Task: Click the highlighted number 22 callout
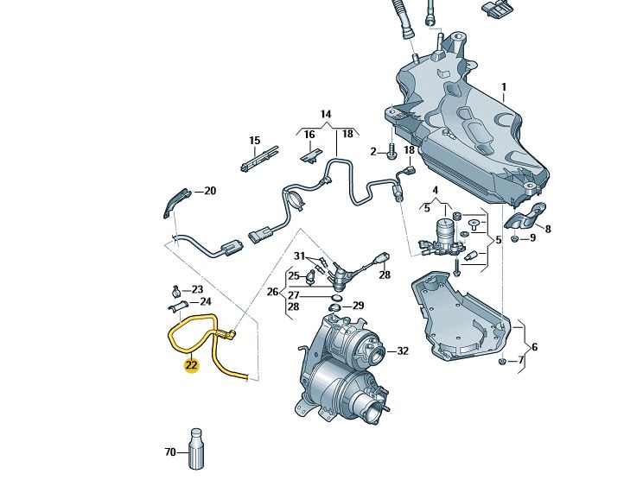pyautogui.click(x=191, y=365)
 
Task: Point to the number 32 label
pyautogui.click(x=402, y=351)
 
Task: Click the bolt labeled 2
pyautogui.click(x=391, y=153)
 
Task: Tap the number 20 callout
pyautogui.click(x=209, y=191)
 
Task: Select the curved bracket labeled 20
pyautogui.click(x=175, y=200)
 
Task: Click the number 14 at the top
pyautogui.click(x=326, y=114)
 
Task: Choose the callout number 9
pyautogui.click(x=533, y=237)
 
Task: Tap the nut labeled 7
pyautogui.click(x=502, y=360)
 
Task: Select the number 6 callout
pyautogui.click(x=534, y=346)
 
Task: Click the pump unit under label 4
pyautogui.click(x=445, y=235)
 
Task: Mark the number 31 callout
pyautogui.click(x=299, y=256)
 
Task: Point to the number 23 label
pyautogui.click(x=197, y=289)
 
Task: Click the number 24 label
pyautogui.click(x=205, y=301)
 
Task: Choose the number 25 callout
pyautogui.click(x=293, y=275)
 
